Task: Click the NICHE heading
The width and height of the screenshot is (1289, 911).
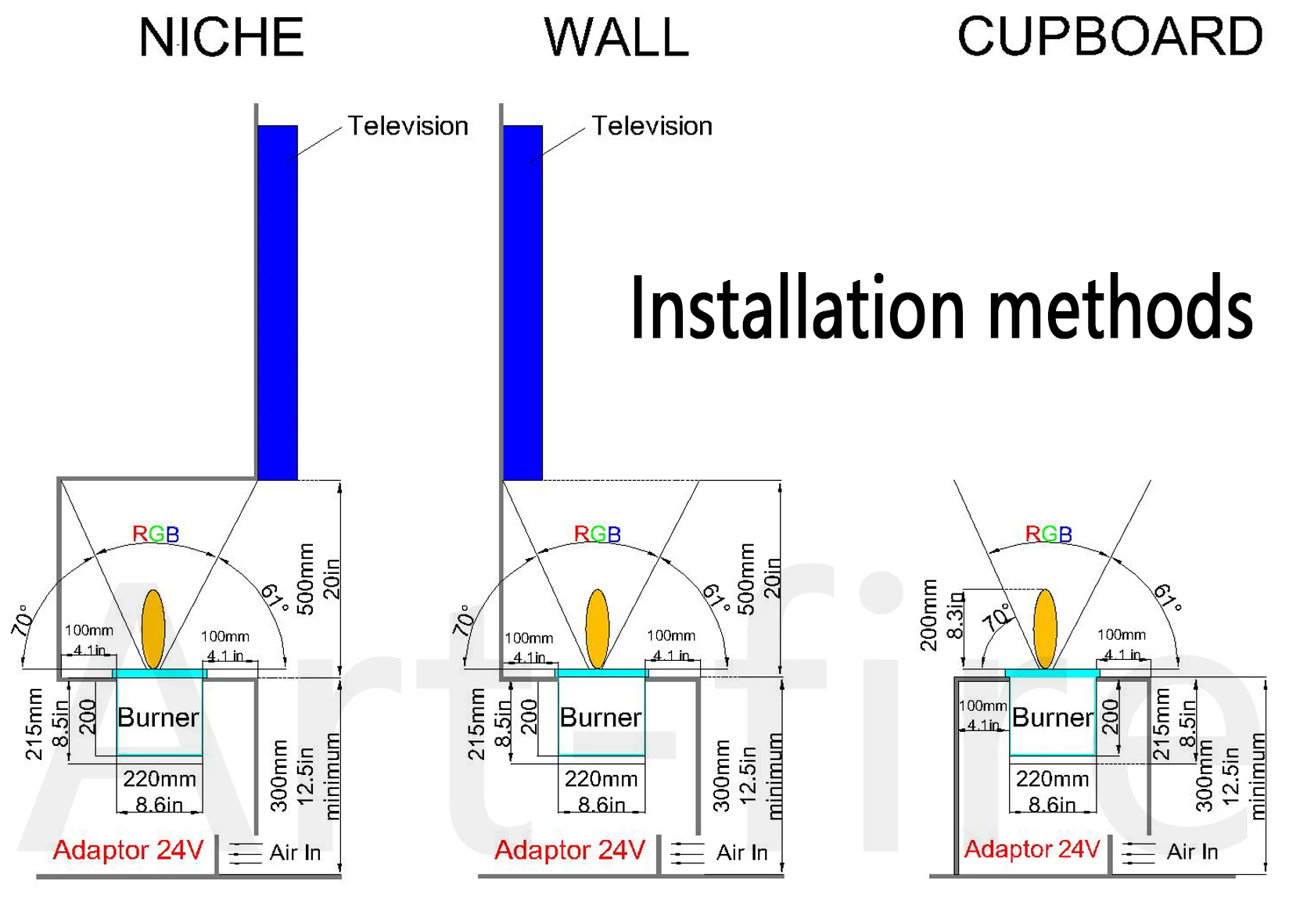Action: pyautogui.click(x=221, y=38)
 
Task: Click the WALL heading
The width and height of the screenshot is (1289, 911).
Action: pyautogui.click(x=616, y=38)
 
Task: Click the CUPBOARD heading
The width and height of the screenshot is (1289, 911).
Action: pyautogui.click(x=1109, y=37)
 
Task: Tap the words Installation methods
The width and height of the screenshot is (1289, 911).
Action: pyautogui.click(x=941, y=308)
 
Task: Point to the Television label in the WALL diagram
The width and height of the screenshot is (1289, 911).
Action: pyautogui.click(x=652, y=126)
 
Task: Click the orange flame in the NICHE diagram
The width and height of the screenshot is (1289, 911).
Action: pyautogui.click(x=153, y=629)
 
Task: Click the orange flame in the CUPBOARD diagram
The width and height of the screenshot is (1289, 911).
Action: pyautogui.click(x=1045, y=629)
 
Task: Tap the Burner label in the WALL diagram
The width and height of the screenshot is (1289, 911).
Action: pyautogui.click(x=601, y=717)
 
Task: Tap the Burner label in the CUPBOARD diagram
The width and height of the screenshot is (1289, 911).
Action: pyautogui.click(x=1053, y=717)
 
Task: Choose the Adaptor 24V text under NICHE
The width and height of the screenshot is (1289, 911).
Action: pyautogui.click(x=128, y=850)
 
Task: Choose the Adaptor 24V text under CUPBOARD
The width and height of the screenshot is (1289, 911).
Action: pyautogui.click(x=1032, y=849)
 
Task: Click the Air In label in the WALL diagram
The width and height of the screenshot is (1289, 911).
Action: pyautogui.click(x=741, y=852)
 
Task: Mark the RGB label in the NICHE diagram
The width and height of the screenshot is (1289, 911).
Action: pyautogui.click(x=156, y=534)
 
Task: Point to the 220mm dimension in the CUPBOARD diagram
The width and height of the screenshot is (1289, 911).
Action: pyautogui.click(x=1052, y=779)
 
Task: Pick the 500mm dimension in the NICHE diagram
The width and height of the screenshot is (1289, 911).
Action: pyautogui.click(x=307, y=579)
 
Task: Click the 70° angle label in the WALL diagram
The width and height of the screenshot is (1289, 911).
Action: pyautogui.click(x=464, y=621)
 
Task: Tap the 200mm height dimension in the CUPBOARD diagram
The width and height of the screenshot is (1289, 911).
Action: pyautogui.click(x=928, y=615)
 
